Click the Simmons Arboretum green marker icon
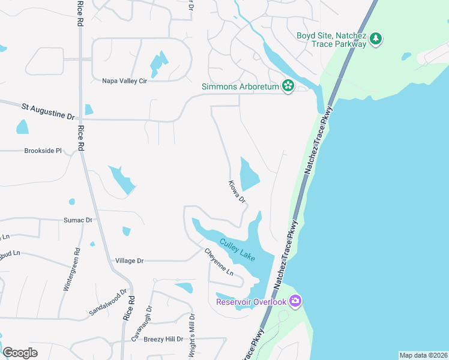tap(288, 86)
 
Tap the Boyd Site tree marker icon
tap(376, 39)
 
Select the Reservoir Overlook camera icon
tap(295, 301)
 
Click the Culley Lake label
tap(237, 250)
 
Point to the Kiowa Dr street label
tap(237, 191)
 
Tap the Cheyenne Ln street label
tap(218, 262)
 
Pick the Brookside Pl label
tap(43, 151)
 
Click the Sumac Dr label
tap(78, 220)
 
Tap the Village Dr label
tap(129, 261)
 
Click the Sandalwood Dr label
tap(109, 304)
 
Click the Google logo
tap(20, 353)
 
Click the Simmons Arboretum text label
tap(240, 87)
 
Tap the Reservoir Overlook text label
tap(252, 301)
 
